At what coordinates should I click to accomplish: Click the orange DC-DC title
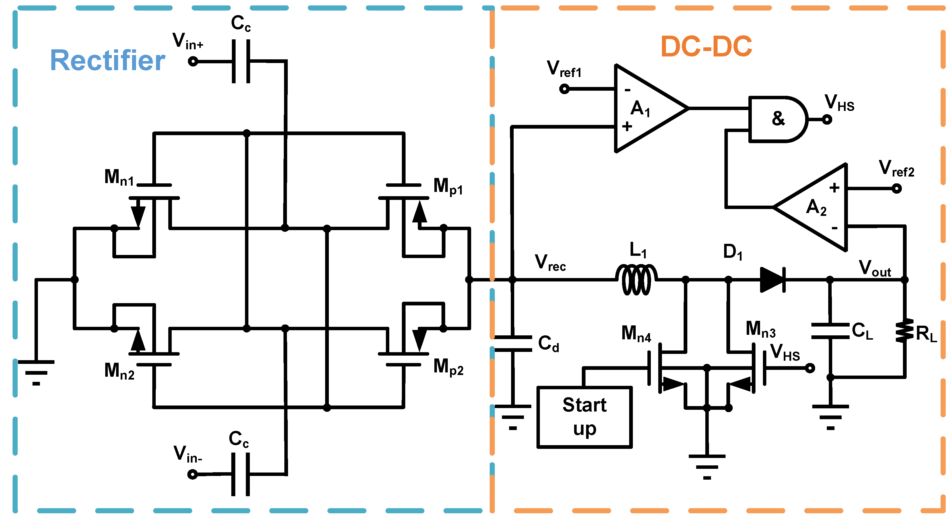pyautogui.click(x=706, y=47)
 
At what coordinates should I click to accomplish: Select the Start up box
pyautogui.click(x=584, y=417)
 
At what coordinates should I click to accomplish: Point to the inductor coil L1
pyautogui.click(x=636, y=280)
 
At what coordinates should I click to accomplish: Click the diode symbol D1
pyautogui.click(x=772, y=280)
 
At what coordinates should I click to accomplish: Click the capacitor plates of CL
pyautogui.click(x=830, y=331)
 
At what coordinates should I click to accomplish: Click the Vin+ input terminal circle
pyautogui.click(x=193, y=61)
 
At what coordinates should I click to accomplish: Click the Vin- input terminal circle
pyautogui.click(x=193, y=474)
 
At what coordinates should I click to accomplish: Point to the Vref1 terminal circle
pyautogui.click(x=564, y=89)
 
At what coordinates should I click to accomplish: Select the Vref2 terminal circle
pyautogui.click(x=897, y=189)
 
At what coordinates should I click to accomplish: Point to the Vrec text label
pyautogui.click(x=550, y=262)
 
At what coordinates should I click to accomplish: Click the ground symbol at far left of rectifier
pyautogui.click(x=36, y=372)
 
